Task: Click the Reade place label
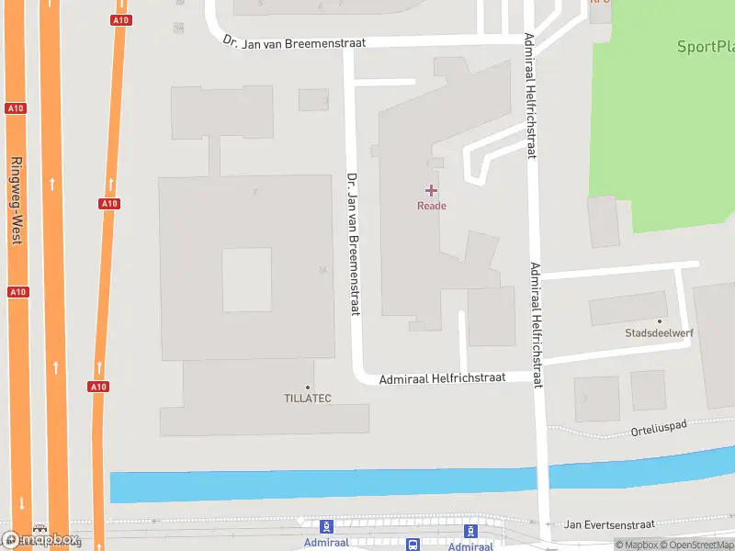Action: click(x=431, y=206)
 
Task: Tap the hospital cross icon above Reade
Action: click(x=431, y=190)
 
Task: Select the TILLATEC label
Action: click(x=307, y=399)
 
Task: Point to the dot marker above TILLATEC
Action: click(x=307, y=388)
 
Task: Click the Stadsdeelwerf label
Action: click(x=659, y=333)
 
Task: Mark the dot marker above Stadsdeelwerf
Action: click(x=659, y=321)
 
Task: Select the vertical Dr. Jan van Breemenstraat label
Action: click(x=352, y=243)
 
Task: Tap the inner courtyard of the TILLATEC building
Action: click(x=246, y=279)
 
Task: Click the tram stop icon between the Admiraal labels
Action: click(x=413, y=545)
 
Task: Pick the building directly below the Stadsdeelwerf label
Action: click(x=649, y=390)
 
